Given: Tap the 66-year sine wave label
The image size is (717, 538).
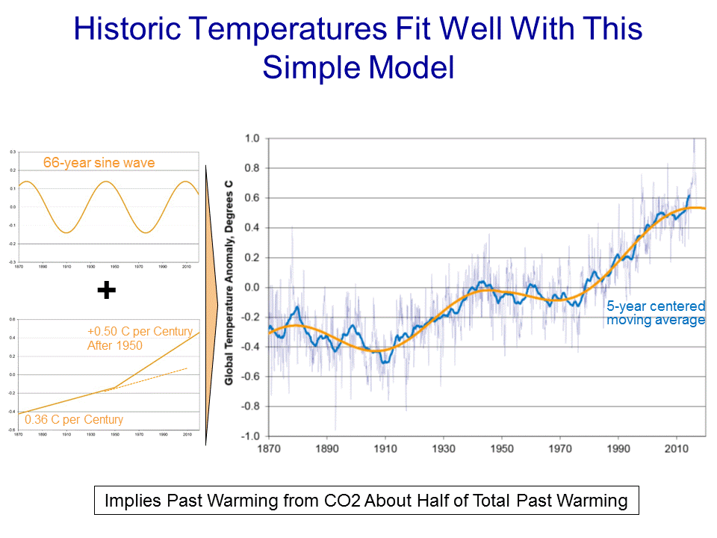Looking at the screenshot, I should pos(99,163).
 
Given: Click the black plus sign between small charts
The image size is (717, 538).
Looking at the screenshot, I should pos(107,291).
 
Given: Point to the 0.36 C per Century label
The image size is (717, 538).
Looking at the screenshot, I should pos(73,419).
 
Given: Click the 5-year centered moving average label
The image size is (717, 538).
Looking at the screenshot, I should pos(655,313).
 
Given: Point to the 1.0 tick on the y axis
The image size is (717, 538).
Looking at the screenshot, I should pos(252,138).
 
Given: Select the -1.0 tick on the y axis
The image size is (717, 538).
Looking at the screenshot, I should pos(250,436).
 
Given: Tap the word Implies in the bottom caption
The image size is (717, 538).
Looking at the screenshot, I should pos(132,501).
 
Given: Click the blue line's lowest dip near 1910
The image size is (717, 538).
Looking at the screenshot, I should pos(385,362).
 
